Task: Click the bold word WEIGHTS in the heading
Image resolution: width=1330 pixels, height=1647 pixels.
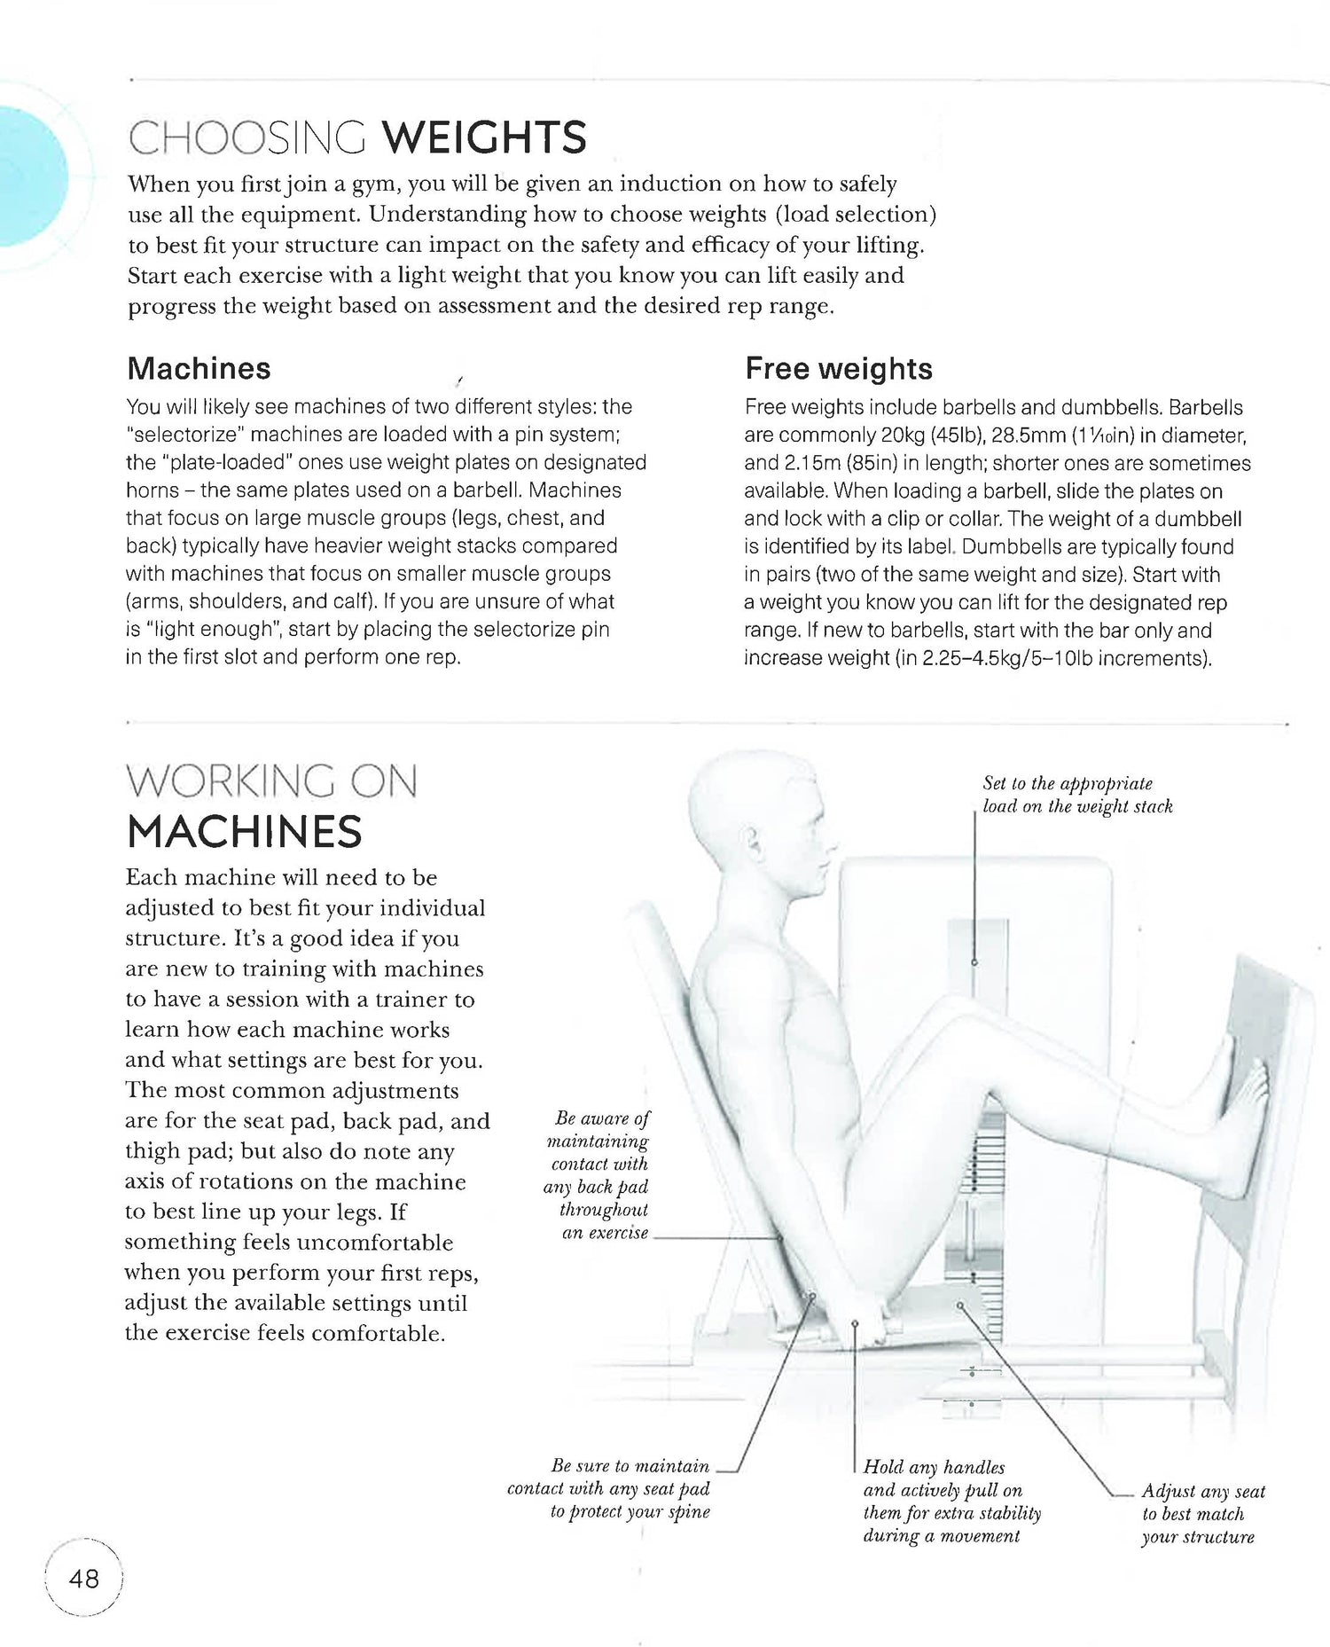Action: pyautogui.click(x=484, y=138)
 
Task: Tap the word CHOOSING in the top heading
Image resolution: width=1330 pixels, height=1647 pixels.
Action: pyautogui.click(x=246, y=138)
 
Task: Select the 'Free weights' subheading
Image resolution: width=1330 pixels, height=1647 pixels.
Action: pyautogui.click(x=838, y=368)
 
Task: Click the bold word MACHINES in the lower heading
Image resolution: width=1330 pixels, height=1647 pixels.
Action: pyautogui.click(x=244, y=832)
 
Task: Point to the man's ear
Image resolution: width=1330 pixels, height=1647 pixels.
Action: pyautogui.click(x=755, y=837)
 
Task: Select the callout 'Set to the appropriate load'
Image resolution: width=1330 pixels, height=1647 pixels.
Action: pyautogui.click(x=1076, y=795)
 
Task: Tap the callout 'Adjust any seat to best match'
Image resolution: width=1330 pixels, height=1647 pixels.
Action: pyautogui.click(x=1201, y=1513)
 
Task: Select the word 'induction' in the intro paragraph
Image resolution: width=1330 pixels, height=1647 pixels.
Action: pyautogui.click(x=670, y=184)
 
